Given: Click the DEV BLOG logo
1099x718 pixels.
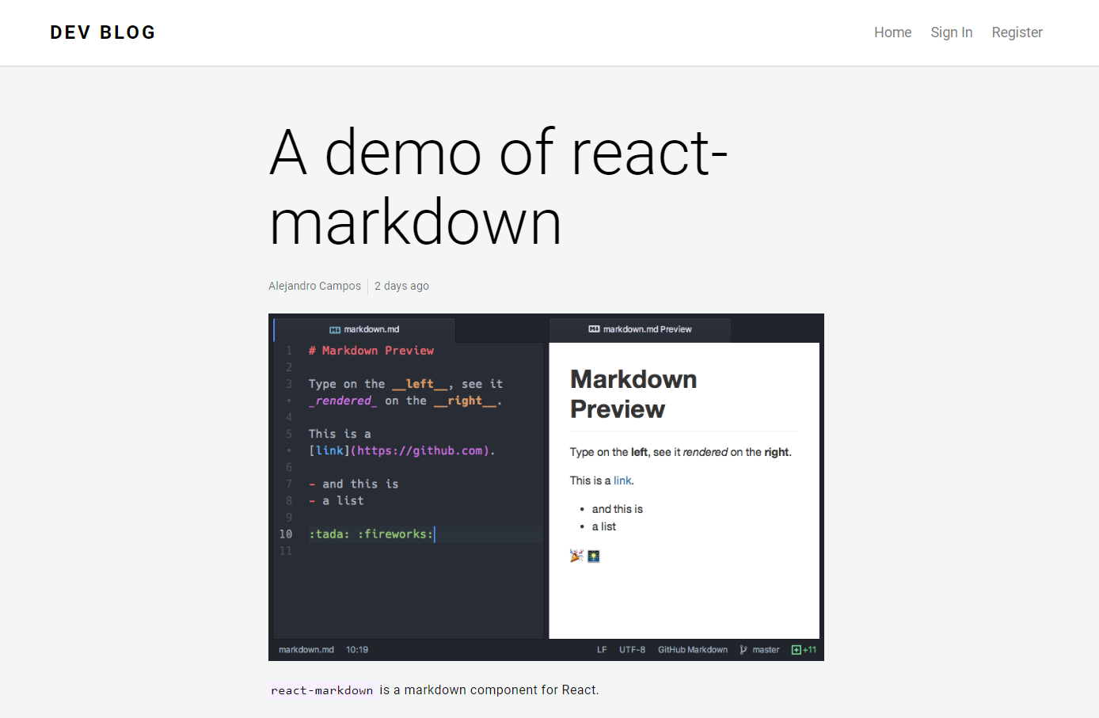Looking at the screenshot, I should coord(103,32).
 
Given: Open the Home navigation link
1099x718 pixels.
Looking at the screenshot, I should coord(892,32).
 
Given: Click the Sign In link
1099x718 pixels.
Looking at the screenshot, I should coord(951,32).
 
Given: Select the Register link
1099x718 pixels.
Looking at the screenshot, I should coord(1017,32).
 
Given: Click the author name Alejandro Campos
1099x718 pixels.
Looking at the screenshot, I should coord(314,286).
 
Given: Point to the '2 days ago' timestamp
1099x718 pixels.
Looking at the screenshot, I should coord(401,286).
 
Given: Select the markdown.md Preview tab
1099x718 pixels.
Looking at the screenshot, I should coord(641,329).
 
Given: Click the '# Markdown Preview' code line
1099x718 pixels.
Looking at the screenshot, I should coord(371,351).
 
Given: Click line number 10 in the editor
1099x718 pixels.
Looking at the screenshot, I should coord(286,534).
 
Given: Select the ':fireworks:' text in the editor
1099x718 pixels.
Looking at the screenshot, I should coord(395,534).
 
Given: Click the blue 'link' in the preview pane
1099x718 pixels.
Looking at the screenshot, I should coord(622,481).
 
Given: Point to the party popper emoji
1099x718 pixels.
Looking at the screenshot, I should coord(576,556).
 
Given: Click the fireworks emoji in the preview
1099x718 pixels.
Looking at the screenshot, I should coord(594,556).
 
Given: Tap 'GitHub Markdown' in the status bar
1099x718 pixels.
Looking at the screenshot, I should coord(692,650).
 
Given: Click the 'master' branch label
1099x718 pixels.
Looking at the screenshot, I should coord(765,650).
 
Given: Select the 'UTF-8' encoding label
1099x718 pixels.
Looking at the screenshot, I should coord(632,650).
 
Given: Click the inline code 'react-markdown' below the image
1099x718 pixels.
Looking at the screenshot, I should coord(321,690).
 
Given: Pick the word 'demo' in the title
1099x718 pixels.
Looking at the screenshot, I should coord(403,152).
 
